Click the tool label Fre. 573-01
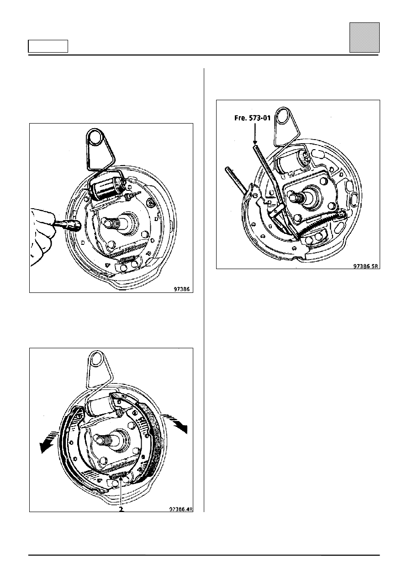[252, 118]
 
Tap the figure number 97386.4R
[181, 509]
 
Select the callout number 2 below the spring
[121, 509]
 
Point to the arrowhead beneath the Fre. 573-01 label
[255, 142]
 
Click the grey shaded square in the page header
[364, 38]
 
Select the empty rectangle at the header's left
[48, 46]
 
